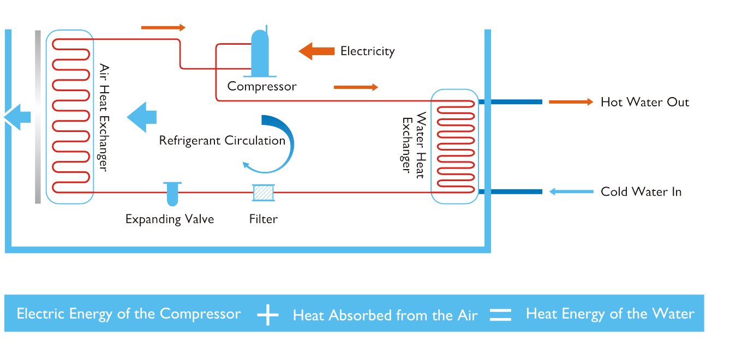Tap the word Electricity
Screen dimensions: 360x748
click(367, 51)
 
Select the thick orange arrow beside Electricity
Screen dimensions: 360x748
click(316, 51)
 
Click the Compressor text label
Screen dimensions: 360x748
click(262, 86)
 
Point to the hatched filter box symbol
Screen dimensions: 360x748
click(263, 193)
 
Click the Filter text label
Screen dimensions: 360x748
click(263, 219)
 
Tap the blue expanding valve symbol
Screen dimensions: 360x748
click(172, 194)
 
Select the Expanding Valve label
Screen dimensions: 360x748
click(170, 219)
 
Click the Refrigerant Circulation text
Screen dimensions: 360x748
click(222, 141)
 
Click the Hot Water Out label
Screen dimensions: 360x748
click(644, 102)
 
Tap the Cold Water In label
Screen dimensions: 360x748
click(641, 192)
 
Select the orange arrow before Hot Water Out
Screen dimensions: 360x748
click(570, 102)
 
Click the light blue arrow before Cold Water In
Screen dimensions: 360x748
click(571, 191)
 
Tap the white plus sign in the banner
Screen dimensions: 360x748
click(267, 315)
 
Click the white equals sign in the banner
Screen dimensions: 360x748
click(500, 315)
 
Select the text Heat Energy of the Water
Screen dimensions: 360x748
click(610, 314)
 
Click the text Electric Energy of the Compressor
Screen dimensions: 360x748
click(129, 314)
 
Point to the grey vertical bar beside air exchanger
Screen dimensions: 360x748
click(38, 117)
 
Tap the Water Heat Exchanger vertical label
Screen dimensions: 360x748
click(414, 142)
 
